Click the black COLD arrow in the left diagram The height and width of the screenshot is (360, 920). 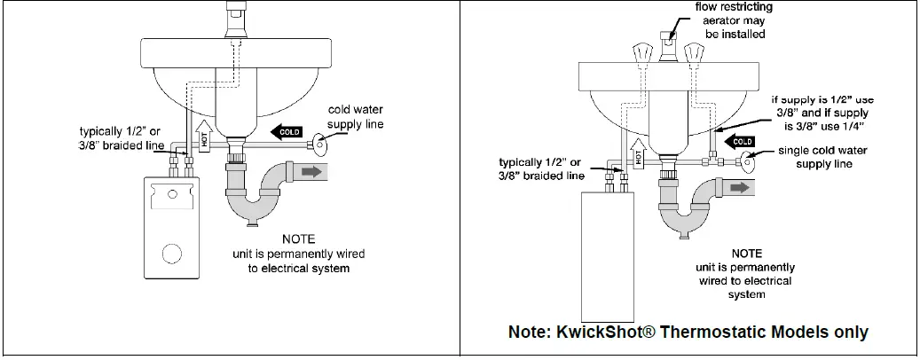pyautogui.click(x=287, y=132)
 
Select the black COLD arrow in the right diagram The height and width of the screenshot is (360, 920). pyautogui.click(x=740, y=142)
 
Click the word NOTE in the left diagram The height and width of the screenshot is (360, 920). pyautogui.click(x=298, y=239)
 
